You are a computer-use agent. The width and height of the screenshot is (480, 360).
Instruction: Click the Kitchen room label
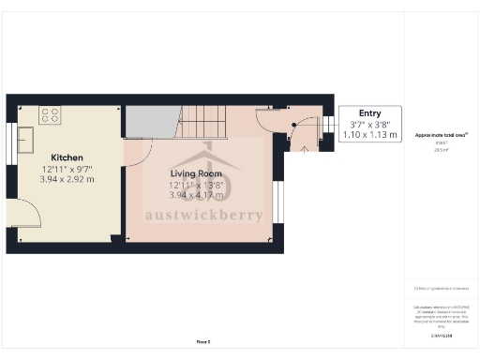(67, 157)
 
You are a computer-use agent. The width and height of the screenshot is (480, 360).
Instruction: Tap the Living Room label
(195, 173)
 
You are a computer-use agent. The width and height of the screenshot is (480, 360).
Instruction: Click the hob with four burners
(50, 116)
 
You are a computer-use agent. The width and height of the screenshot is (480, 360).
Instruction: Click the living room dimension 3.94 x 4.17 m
(195, 195)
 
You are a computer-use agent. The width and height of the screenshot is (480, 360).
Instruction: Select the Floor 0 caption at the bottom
(202, 342)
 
